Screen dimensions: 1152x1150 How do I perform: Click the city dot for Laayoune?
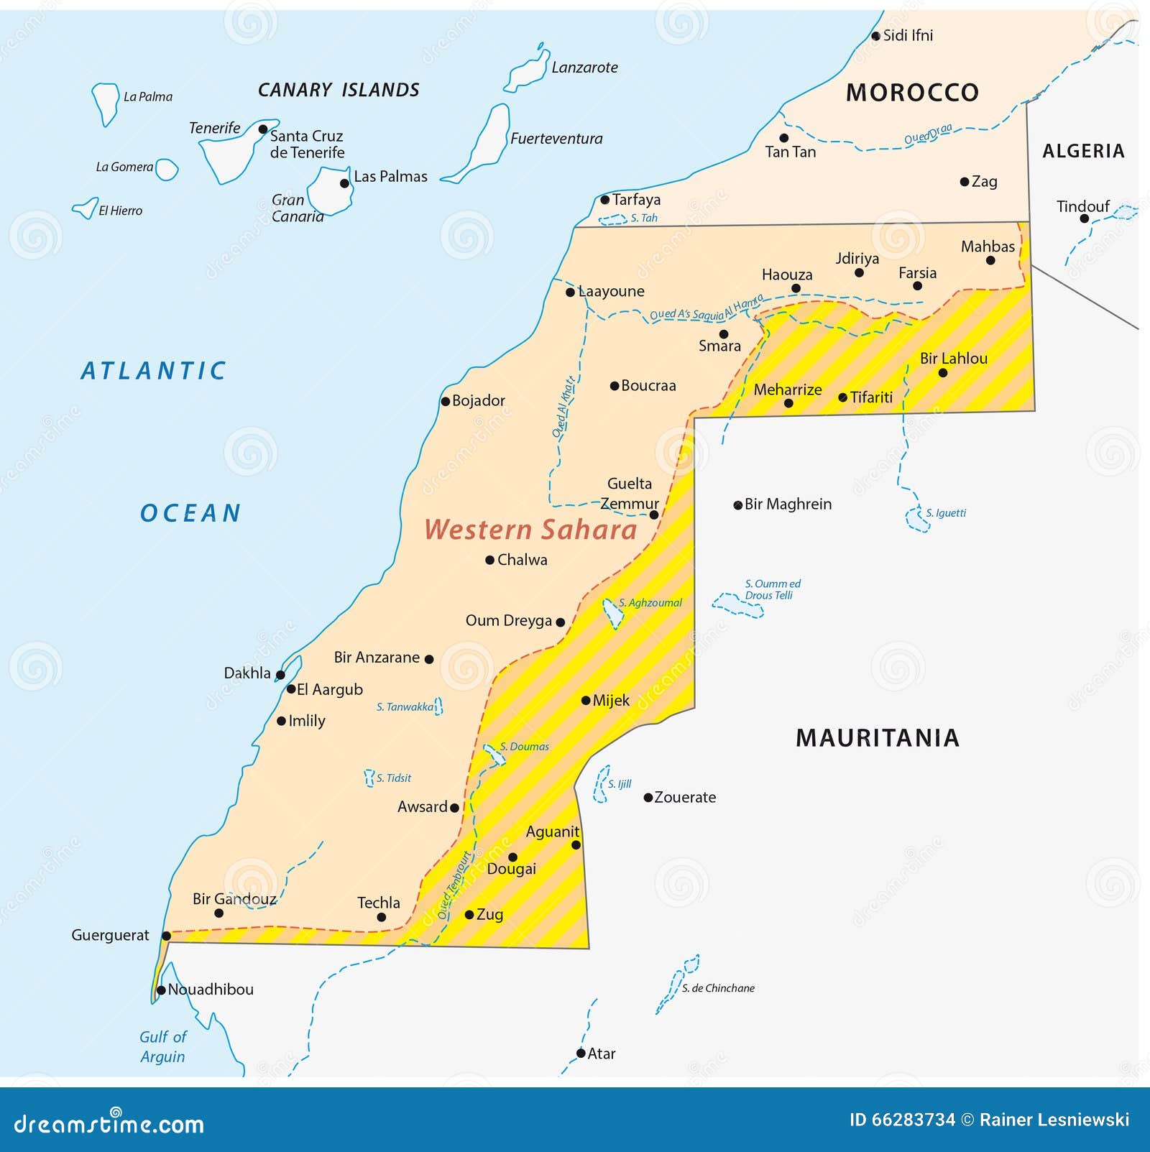click(x=570, y=292)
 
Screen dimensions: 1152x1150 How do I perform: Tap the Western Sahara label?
click(x=530, y=530)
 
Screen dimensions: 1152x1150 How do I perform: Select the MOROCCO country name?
click(x=912, y=93)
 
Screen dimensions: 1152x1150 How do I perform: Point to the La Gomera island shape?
click(x=166, y=170)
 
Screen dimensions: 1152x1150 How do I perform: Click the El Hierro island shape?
click(x=86, y=208)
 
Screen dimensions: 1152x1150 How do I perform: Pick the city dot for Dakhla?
click(x=280, y=675)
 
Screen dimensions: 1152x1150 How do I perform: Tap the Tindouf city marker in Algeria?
click(x=1085, y=218)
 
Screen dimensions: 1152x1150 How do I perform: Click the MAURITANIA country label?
click(x=878, y=738)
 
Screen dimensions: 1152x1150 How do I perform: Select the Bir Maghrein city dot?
click(x=737, y=505)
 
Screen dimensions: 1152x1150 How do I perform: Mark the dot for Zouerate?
click(x=648, y=798)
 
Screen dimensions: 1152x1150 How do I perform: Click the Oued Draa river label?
click(x=928, y=134)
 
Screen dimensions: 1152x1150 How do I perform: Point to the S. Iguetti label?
click(x=946, y=513)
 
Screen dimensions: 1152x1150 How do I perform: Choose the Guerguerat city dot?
click(x=166, y=936)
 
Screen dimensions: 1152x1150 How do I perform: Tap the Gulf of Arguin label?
click(x=163, y=1046)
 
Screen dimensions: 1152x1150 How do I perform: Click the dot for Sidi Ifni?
click(x=875, y=36)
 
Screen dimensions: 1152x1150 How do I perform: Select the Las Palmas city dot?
click(x=344, y=183)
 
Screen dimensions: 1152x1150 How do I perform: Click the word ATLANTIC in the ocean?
click(x=153, y=371)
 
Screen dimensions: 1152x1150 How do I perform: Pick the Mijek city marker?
click(x=586, y=700)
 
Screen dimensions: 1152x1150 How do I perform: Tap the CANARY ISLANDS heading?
click(x=339, y=91)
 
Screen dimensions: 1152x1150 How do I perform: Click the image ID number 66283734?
click(x=913, y=1120)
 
